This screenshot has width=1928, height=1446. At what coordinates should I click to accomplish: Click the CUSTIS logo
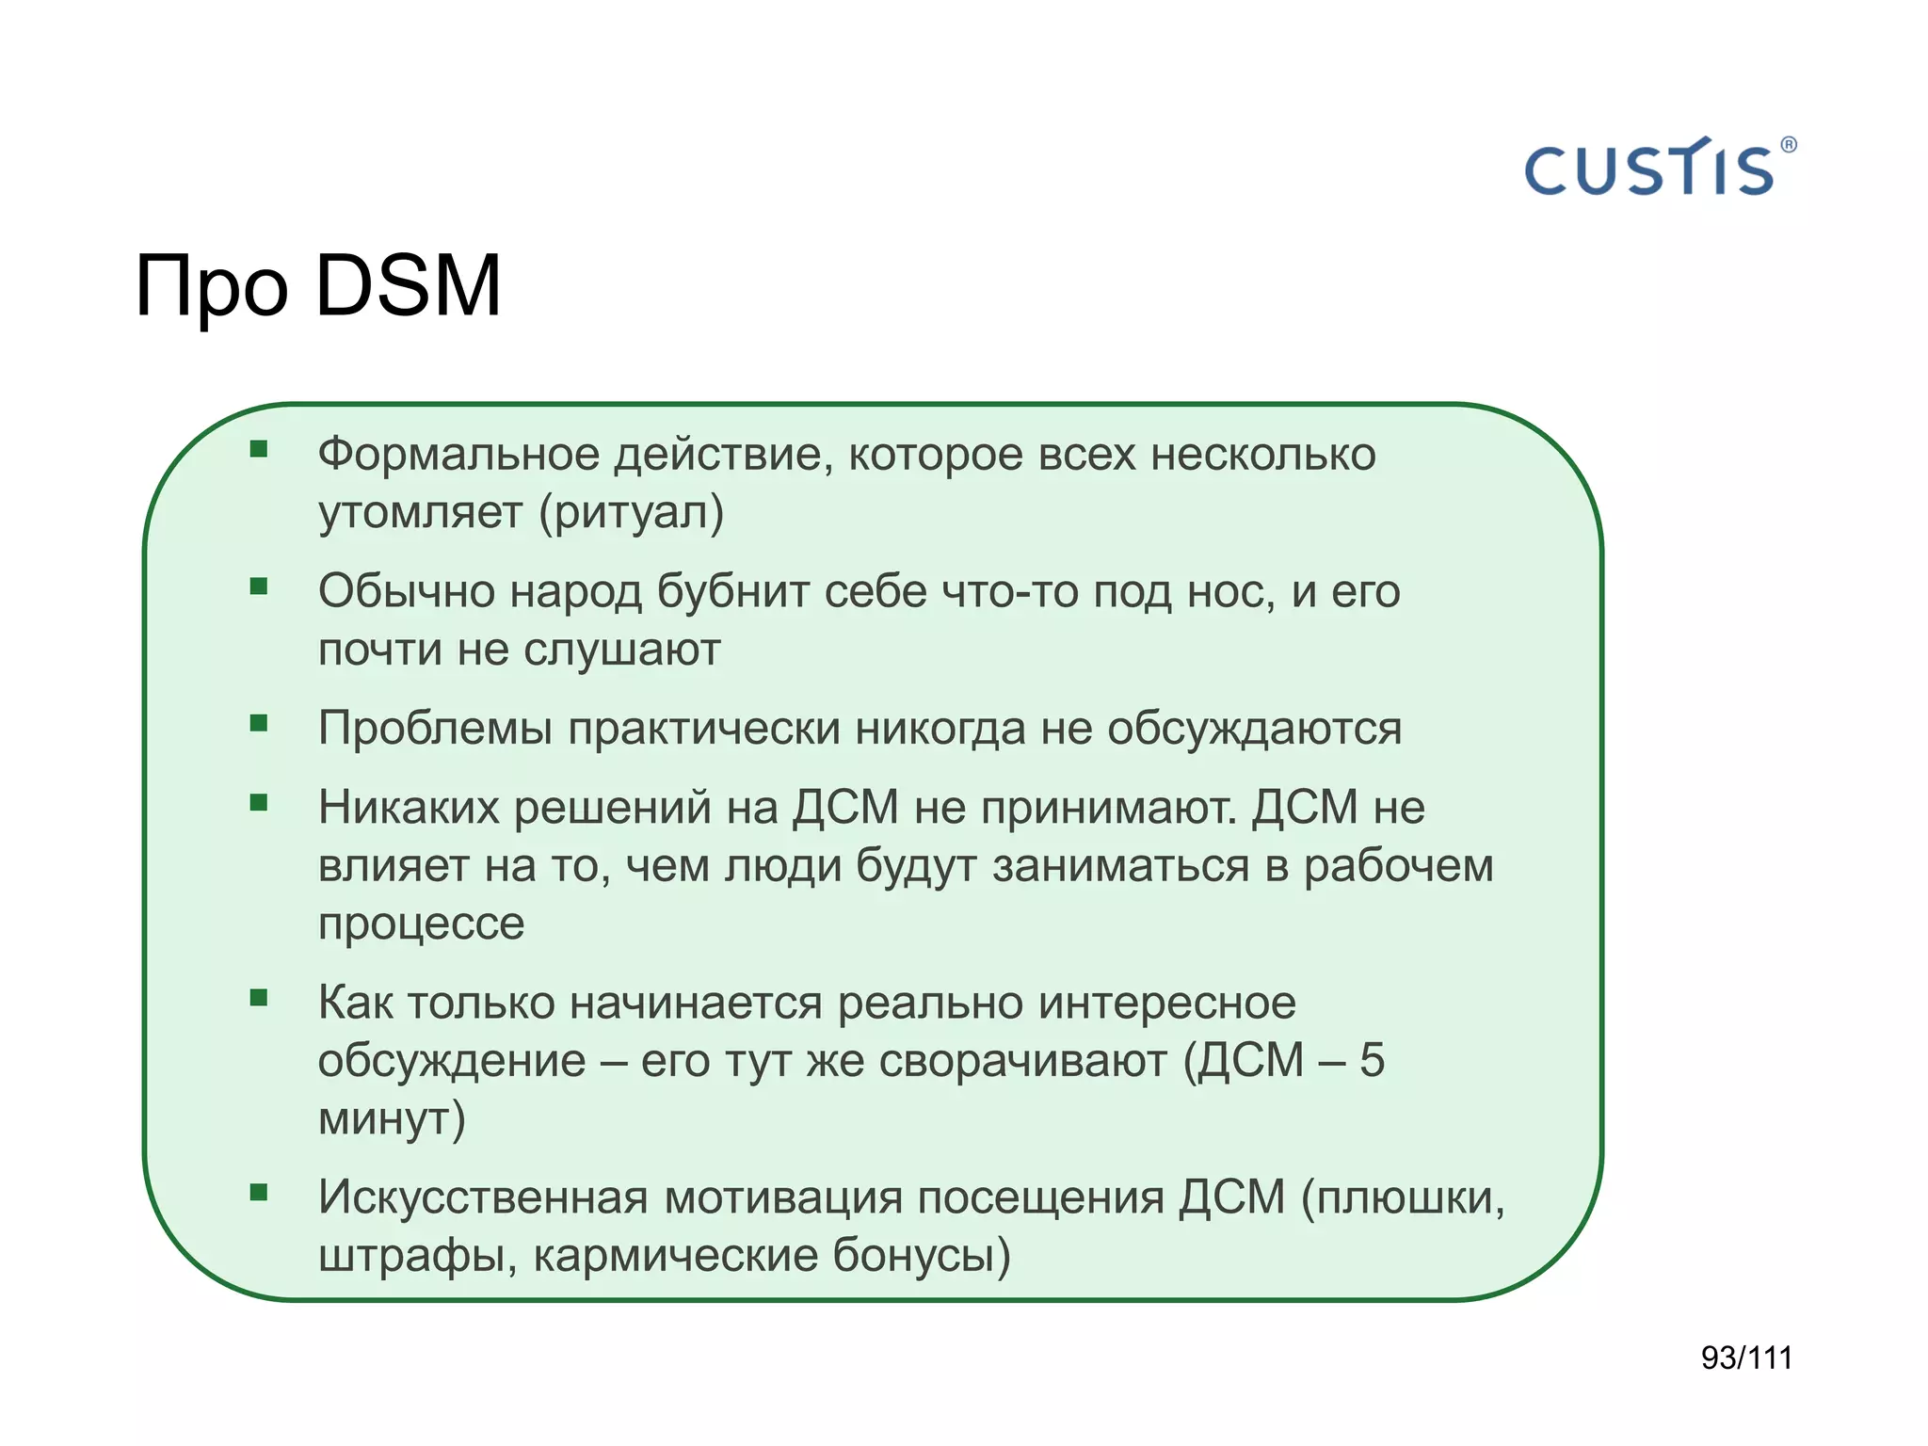click(1649, 169)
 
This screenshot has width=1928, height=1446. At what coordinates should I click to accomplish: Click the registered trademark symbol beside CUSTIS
click(1789, 145)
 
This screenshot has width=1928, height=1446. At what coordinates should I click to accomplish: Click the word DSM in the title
click(408, 285)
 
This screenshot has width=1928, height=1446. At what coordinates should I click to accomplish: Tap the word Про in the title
click(211, 287)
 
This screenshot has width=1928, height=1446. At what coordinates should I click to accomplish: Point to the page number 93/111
click(1746, 1358)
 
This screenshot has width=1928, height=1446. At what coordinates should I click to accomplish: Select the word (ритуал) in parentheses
click(632, 513)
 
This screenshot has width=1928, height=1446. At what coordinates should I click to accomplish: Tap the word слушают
click(622, 650)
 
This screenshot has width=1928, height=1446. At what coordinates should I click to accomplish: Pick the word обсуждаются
click(1254, 729)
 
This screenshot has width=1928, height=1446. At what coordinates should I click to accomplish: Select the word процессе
click(421, 924)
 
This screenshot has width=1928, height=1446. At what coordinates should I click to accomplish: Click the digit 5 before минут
click(1372, 1061)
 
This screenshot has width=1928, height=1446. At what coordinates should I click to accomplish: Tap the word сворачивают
click(1022, 1061)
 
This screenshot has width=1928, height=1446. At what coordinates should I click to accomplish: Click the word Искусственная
click(483, 1197)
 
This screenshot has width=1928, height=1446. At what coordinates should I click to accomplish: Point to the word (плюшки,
click(1404, 1197)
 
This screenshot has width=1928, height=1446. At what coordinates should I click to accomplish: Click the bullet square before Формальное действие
click(259, 449)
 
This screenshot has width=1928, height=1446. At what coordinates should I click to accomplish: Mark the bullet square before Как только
click(259, 998)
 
